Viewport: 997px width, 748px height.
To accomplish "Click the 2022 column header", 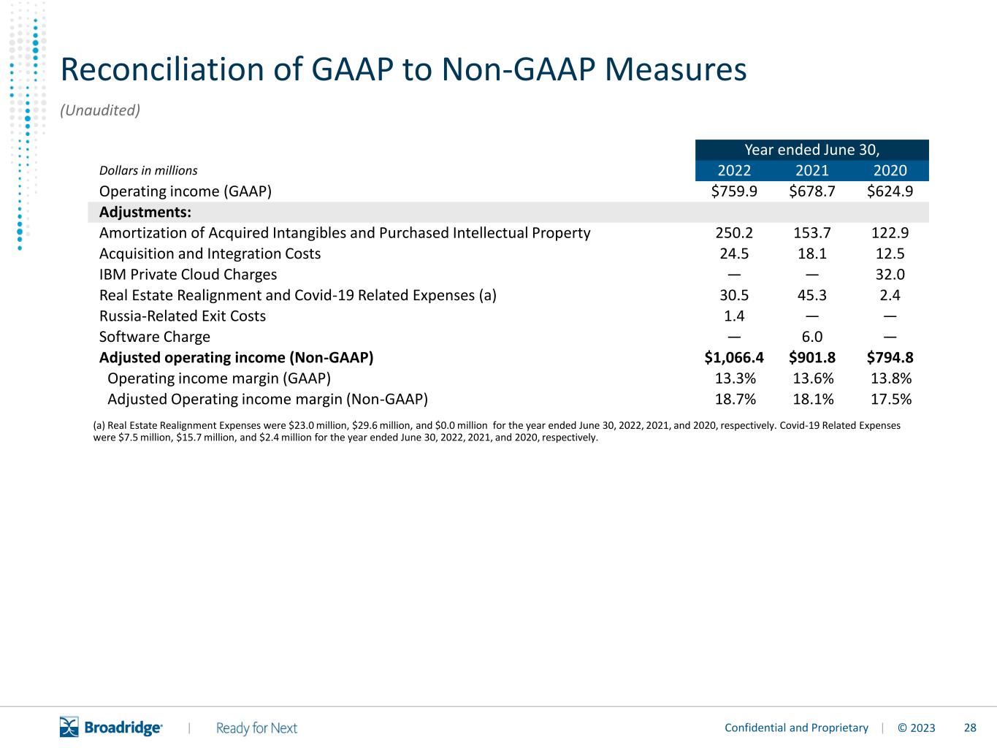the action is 734,170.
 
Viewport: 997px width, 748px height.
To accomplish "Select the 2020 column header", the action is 890,170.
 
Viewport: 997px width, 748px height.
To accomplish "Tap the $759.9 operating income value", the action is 734,191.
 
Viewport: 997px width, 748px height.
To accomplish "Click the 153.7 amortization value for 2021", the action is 811,232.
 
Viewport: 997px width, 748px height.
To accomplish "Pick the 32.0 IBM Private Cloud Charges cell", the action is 890,275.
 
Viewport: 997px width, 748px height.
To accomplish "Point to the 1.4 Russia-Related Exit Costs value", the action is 734,316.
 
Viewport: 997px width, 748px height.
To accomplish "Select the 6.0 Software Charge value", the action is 811,337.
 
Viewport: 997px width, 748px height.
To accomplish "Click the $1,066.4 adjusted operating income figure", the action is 734,357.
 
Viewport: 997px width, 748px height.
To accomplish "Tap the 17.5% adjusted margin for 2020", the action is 890,400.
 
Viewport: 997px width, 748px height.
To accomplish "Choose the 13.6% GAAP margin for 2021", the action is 813,378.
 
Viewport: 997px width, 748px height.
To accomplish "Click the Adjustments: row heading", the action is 145,212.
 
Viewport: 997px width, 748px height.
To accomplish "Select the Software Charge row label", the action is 154,337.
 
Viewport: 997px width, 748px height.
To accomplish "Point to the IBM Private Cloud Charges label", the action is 188,275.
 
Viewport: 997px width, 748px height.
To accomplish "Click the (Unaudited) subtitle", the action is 100,110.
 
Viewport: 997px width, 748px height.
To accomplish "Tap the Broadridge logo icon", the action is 69,727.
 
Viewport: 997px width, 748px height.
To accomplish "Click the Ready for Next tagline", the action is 256,728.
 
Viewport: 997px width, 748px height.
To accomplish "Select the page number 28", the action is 970,728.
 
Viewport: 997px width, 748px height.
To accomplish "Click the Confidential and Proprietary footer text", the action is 796,728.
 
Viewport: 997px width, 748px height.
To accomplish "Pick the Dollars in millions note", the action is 148,170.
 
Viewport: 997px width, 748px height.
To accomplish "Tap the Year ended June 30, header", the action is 811,150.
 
